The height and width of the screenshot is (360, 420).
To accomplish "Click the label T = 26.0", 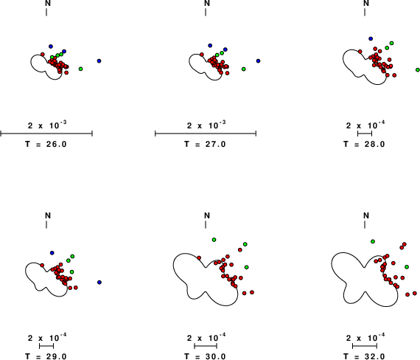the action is click(x=46, y=145).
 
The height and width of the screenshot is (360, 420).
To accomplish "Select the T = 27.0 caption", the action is click(x=205, y=145).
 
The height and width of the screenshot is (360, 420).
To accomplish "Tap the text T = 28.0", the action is click(x=364, y=145).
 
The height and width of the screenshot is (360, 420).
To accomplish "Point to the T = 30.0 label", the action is click(x=205, y=356).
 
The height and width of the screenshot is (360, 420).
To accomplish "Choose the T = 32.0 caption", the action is click(x=364, y=356).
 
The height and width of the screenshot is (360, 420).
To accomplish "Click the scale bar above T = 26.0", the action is click(x=46, y=134).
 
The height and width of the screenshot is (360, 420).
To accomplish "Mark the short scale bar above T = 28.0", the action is click(x=365, y=134).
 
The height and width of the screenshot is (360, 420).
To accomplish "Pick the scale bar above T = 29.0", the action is click(x=46, y=346).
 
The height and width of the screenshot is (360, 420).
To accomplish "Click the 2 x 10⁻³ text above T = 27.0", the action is click(x=206, y=125).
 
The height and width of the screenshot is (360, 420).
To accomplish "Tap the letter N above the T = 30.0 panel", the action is click(x=207, y=215).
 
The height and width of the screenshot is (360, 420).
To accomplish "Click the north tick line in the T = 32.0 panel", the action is click(x=365, y=225).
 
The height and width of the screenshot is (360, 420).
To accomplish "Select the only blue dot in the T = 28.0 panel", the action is click(x=371, y=39).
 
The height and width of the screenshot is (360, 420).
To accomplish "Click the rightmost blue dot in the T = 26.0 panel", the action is click(x=99, y=61).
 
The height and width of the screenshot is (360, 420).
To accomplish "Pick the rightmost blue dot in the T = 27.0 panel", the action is click(x=258, y=61).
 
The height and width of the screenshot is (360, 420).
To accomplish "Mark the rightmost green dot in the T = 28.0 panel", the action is click(x=418, y=70).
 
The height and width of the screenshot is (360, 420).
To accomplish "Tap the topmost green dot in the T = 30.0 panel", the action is click(x=214, y=240).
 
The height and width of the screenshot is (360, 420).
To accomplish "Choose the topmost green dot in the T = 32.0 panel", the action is click(x=373, y=242).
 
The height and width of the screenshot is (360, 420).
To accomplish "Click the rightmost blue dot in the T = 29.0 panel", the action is click(x=99, y=283).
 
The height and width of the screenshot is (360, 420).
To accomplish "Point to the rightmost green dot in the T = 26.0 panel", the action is click(x=80, y=69).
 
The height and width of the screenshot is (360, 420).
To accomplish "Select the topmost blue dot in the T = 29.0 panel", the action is click(x=52, y=253).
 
